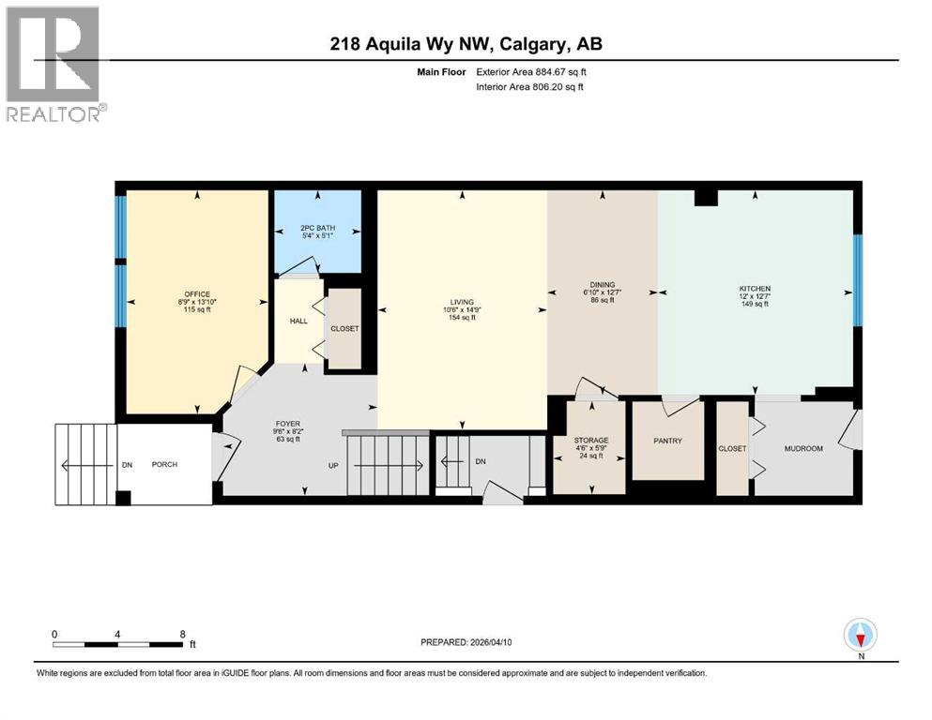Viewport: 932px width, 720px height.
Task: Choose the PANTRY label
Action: [666, 441]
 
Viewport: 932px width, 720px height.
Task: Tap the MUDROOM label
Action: [803, 448]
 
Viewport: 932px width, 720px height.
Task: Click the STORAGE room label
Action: [591, 440]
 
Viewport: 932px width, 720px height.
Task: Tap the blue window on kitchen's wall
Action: [857, 279]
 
